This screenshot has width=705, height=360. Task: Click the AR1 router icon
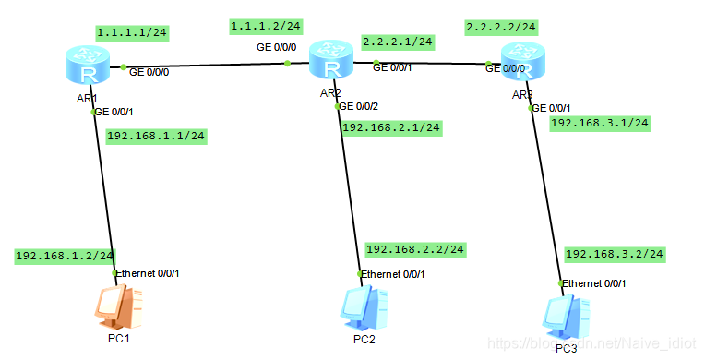pyautogui.click(x=89, y=64)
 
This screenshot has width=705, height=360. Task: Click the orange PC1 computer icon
pyautogui.click(x=119, y=308)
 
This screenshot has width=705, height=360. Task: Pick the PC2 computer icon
pyautogui.click(x=363, y=309)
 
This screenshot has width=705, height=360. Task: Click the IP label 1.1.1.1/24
pyautogui.click(x=133, y=32)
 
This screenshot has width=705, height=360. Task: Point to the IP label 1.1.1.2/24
pyautogui.click(x=267, y=26)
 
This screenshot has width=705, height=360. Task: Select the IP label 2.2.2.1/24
pyautogui.click(x=398, y=42)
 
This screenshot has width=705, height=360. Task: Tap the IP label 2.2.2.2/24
pyautogui.click(x=502, y=27)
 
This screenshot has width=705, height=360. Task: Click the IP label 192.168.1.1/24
pyautogui.click(x=156, y=136)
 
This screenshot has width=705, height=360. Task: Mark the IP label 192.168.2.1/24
pyautogui.click(x=390, y=126)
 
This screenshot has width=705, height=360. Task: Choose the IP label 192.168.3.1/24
pyautogui.click(x=600, y=122)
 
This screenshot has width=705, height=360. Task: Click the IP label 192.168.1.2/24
pyautogui.click(x=65, y=256)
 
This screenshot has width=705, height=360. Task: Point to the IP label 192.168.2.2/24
pyautogui.click(x=415, y=249)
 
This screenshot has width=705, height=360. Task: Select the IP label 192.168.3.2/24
pyautogui.click(x=614, y=254)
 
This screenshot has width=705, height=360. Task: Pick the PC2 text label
pyautogui.click(x=363, y=340)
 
